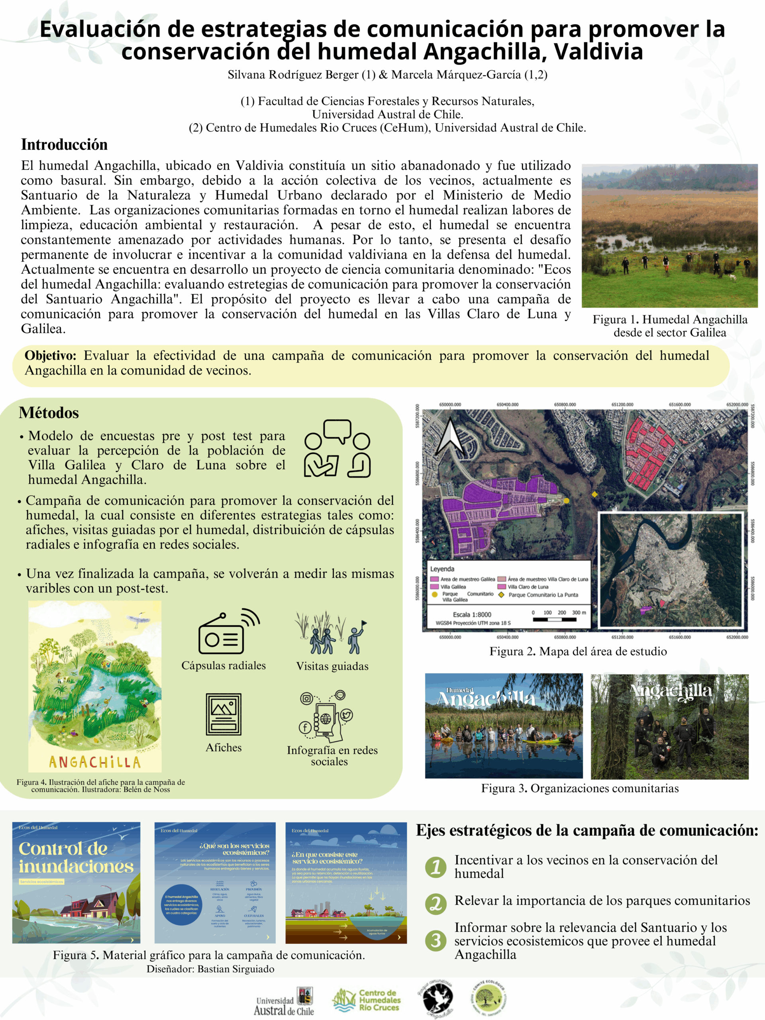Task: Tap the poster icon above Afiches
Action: [x=224, y=714]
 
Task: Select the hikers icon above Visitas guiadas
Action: [x=331, y=633]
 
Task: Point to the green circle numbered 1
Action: [x=436, y=867]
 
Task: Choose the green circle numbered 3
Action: [x=436, y=941]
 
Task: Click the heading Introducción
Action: [x=64, y=145]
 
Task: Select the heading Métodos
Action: [x=49, y=413]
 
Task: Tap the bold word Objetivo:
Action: [x=51, y=355]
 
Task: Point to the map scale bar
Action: [x=555, y=619]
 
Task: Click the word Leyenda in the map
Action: [x=442, y=569]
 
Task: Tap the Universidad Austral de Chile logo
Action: [x=284, y=1002]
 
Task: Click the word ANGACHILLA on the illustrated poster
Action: [x=94, y=762]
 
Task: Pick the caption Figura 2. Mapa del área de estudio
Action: [x=578, y=651]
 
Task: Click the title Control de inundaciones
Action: [x=76, y=858]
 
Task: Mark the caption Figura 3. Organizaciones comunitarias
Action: [x=580, y=788]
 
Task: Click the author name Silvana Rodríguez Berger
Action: [x=293, y=75]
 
